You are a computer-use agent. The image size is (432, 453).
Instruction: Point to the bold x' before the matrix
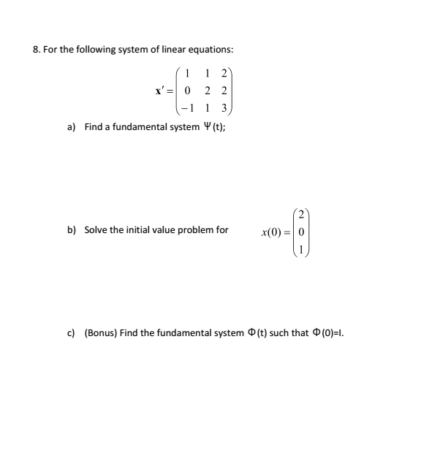(159, 91)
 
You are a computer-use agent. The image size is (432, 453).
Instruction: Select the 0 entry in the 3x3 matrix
(189, 91)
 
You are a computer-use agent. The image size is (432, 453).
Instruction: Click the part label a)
(72, 127)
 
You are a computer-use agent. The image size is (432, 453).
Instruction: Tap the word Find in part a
(94, 127)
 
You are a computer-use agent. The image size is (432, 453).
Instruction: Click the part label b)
(72, 230)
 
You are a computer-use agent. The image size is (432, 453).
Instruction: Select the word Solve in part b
(96, 230)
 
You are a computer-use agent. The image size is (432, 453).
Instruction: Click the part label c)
(72, 333)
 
